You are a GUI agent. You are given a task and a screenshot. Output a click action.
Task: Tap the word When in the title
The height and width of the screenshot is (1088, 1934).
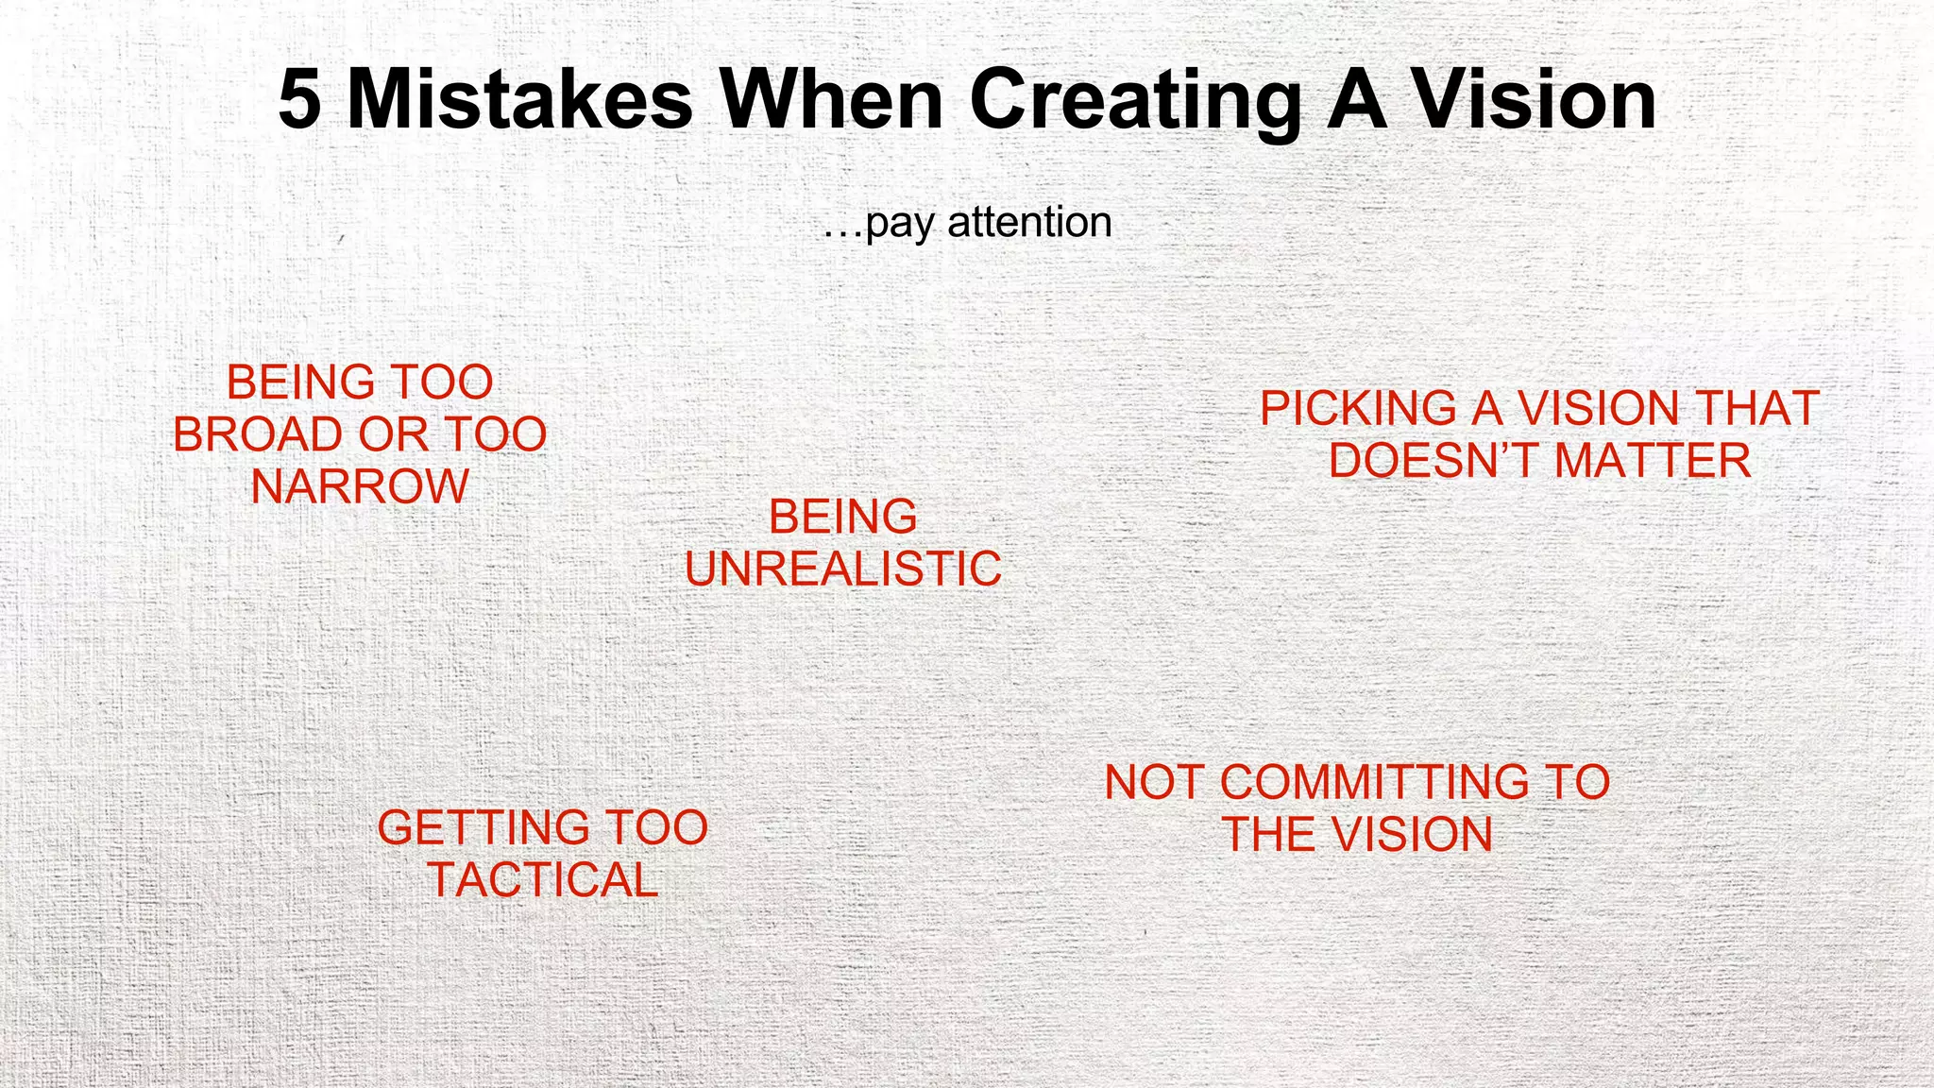tap(832, 100)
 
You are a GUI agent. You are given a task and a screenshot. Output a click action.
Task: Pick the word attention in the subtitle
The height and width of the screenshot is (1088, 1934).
tap(1029, 223)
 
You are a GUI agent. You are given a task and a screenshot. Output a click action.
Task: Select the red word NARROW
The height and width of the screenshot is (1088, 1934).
tap(360, 487)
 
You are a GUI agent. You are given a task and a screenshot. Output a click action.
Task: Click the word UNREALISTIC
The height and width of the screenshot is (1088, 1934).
tap(843, 569)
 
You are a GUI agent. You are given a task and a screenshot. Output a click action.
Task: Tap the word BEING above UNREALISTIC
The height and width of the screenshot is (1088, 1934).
tap(843, 517)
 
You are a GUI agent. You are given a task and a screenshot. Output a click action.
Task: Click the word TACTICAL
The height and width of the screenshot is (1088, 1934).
tap(543, 880)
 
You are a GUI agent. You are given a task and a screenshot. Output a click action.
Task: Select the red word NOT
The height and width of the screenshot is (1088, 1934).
tap(1154, 783)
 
